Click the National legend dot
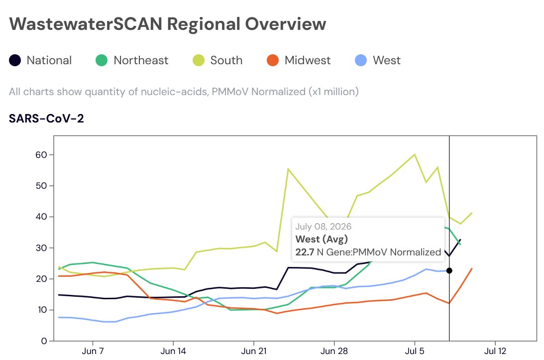click(15, 60)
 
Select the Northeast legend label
click(141, 60)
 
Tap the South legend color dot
click(199, 60)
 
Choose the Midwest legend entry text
click(308, 60)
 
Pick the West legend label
click(387, 60)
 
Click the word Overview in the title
click(286, 24)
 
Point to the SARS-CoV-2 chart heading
click(46, 119)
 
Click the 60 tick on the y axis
click(41, 155)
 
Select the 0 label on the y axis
click(44, 341)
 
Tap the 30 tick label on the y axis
click(41, 248)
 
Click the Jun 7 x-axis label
click(93, 351)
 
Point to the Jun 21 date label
click(254, 351)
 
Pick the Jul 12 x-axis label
click(495, 351)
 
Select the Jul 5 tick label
click(415, 351)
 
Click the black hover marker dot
click(449, 270)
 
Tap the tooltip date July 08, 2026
click(324, 227)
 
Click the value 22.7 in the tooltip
click(305, 252)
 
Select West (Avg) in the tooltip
click(322, 239)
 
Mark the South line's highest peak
click(415, 154)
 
